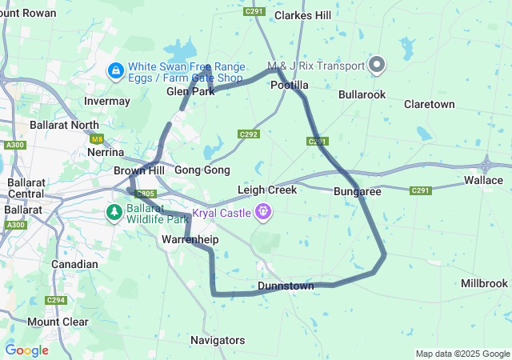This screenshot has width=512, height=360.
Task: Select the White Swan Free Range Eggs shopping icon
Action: coord(116,72)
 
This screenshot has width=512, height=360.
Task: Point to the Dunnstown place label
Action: coord(286,286)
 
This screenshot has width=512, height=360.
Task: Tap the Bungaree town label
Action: coord(357,192)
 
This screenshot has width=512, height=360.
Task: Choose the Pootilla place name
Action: coord(289,85)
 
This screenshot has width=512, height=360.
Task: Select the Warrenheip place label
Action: coord(190,239)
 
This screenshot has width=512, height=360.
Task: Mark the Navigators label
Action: coord(218,340)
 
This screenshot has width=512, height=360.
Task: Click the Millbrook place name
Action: coord(484,283)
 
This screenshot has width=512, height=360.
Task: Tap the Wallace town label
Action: coord(483,182)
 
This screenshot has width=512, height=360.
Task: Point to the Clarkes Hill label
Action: coord(302,15)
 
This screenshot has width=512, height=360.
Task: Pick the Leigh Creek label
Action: coord(267,190)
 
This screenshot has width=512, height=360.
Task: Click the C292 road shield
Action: coord(249,134)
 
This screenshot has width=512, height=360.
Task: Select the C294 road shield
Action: coord(55,300)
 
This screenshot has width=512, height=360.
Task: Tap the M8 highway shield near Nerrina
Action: coord(97,138)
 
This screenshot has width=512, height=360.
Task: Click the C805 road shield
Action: coord(146,194)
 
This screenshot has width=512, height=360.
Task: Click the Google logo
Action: coord(26,350)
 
